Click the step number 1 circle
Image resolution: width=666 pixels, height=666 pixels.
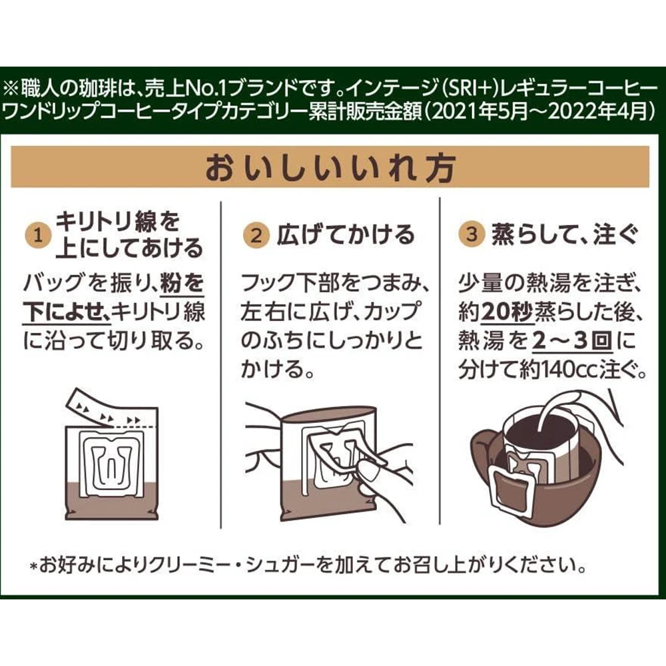[38, 235]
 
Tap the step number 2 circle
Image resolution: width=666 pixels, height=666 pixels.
[256, 235]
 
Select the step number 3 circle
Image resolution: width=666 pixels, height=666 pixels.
[472, 234]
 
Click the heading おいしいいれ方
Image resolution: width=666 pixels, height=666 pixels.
[330, 167]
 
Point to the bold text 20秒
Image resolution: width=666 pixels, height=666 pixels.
[507, 312]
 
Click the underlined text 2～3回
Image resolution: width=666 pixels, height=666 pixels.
[573, 340]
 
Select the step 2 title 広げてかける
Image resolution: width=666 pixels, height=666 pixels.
[345, 235]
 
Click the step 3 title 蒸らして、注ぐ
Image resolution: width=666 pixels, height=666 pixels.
[565, 234]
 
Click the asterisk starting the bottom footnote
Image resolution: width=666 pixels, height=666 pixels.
[35, 566]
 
